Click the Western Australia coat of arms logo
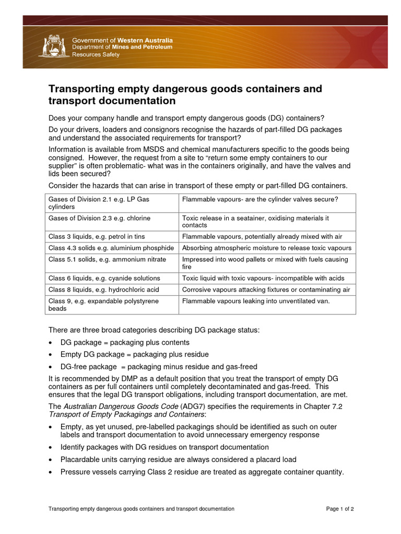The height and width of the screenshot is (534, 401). point(53,46)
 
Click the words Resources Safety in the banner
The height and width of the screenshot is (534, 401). point(96,55)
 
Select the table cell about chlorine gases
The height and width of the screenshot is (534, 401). point(100,218)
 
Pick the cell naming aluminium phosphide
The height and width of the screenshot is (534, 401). point(111,248)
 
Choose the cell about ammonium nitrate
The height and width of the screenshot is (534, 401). point(107,259)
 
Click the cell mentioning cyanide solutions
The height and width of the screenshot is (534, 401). point(104,278)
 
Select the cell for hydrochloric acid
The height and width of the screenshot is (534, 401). point(104,289)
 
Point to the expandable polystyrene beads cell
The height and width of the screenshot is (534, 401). point(104,305)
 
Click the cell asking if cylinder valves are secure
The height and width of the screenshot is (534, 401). point(260,199)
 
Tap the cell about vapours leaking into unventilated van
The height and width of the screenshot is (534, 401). point(256,301)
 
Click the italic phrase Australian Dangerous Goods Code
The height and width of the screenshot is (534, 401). point(121,406)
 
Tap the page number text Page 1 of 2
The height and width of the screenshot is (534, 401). point(340,508)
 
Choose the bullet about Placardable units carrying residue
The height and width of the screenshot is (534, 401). point(178,459)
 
